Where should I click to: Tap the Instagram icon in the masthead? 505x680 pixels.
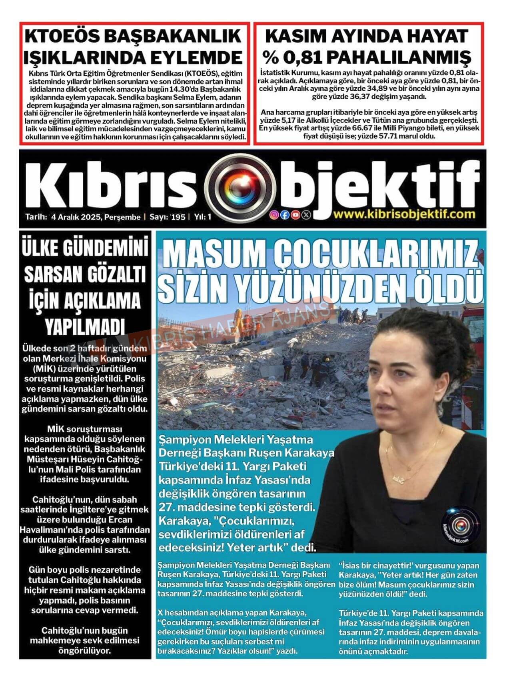[274, 215]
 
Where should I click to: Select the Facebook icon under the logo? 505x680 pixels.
[285, 215]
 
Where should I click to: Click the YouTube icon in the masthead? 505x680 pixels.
[295, 215]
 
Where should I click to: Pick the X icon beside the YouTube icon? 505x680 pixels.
[306, 215]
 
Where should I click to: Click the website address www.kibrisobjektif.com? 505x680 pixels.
[404, 214]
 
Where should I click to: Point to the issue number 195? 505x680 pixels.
[178, 217]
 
